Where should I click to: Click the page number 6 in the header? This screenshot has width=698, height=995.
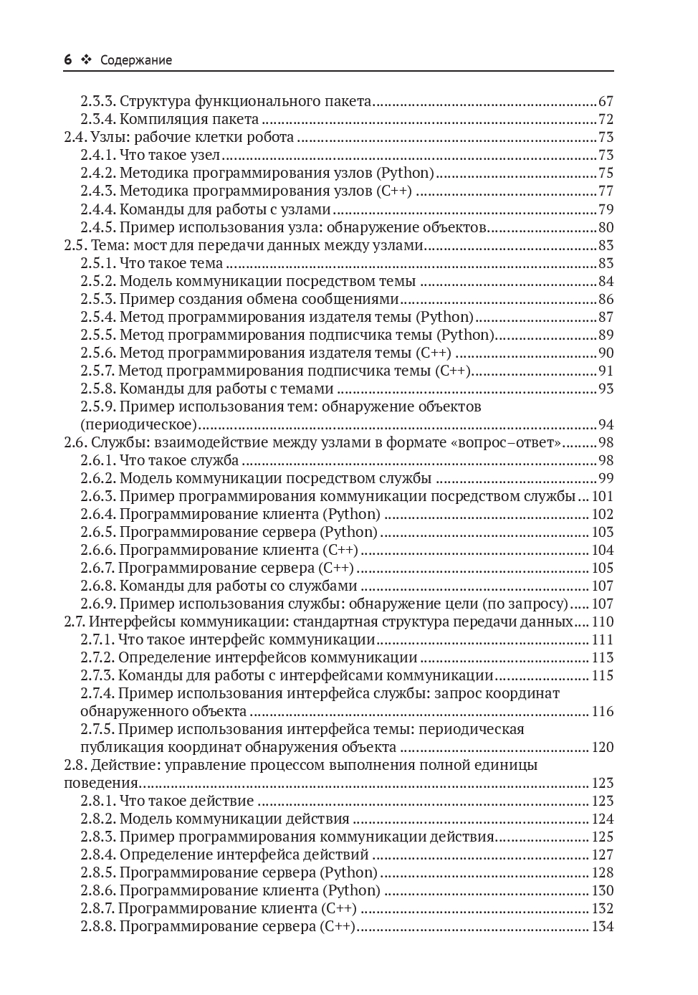68,60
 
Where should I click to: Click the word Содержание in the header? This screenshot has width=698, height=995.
136,60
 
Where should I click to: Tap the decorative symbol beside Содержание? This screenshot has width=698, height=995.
87,60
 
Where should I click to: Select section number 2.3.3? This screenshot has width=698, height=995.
97,102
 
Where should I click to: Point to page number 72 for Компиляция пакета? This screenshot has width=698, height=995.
606,120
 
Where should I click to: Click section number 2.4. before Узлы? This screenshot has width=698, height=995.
75,138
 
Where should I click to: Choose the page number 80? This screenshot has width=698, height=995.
606,228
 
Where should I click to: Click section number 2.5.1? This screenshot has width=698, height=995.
97,264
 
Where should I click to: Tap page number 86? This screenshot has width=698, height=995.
606,300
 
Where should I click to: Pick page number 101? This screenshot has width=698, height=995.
603,496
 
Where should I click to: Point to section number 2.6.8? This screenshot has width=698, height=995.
97,586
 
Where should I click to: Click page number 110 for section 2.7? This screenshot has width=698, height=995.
603,622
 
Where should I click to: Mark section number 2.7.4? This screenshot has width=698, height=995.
97,693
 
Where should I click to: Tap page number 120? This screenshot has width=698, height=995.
603,747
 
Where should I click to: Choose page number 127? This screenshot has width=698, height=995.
603,854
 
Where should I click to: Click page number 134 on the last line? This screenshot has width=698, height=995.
603,926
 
